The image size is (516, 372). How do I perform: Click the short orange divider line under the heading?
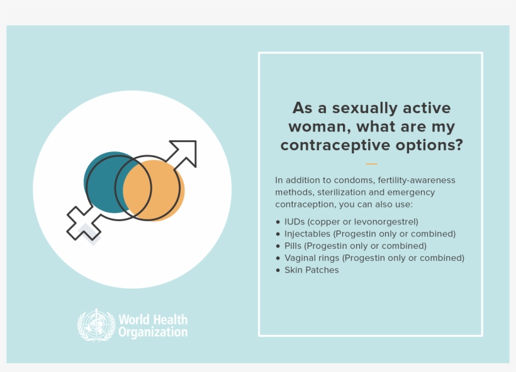[x=371, y=164]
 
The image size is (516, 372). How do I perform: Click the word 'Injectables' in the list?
[x=307, y=234]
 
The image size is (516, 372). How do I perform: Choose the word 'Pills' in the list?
[x=293, y=246]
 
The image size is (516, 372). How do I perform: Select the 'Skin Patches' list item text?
[x=311, y=270]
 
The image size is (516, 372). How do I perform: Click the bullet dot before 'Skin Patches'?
[x=278, y=270]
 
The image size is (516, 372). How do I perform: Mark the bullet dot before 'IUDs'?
[x=278, y=222]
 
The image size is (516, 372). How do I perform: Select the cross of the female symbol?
[x=81, y=223]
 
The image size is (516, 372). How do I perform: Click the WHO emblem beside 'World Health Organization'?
[x=96, y=324]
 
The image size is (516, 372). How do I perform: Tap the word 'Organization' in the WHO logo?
[x=153, y=332]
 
